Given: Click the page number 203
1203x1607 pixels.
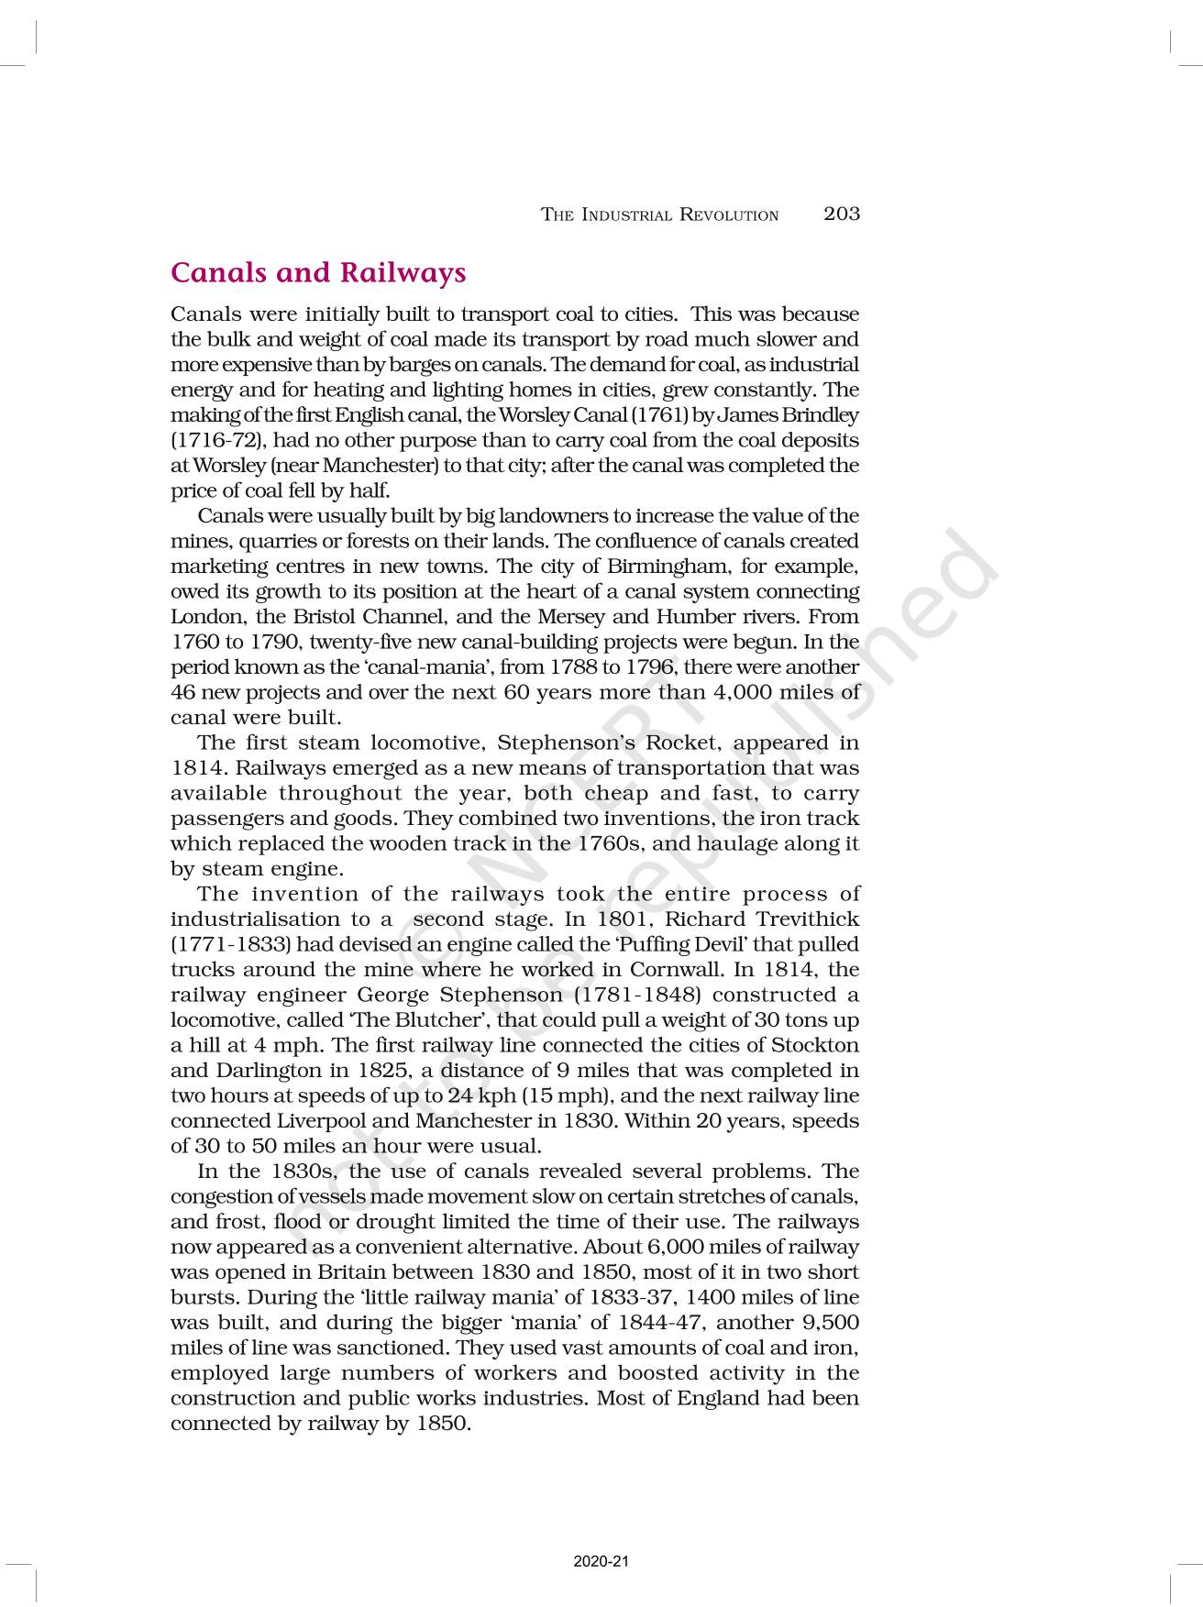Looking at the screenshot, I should (x=841, y=214).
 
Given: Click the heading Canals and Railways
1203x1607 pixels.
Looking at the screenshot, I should (x=318, y=273).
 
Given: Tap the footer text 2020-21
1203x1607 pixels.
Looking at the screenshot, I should (x=601, y=1561).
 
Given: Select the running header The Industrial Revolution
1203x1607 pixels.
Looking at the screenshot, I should (x=659, y=215).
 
